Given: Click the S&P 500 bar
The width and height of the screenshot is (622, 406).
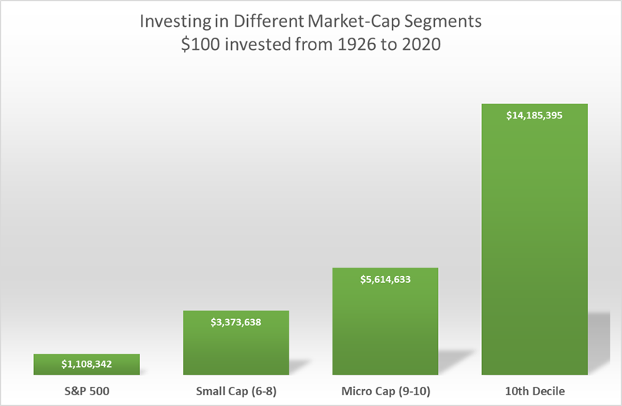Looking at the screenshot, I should [86, 364].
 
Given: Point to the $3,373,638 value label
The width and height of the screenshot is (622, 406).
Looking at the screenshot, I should [236, 322].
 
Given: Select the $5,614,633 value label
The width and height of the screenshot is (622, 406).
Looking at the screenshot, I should [385, 279].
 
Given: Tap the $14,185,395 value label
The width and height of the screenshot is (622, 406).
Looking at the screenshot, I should [534, 115].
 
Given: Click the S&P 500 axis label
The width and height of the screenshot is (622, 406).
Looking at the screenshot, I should [86, 391].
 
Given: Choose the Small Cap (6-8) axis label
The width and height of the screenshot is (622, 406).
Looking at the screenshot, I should [236, 391].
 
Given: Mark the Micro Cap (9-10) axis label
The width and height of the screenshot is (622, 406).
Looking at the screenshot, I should [385, 391].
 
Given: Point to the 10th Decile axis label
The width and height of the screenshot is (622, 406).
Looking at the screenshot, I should [534, 391].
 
